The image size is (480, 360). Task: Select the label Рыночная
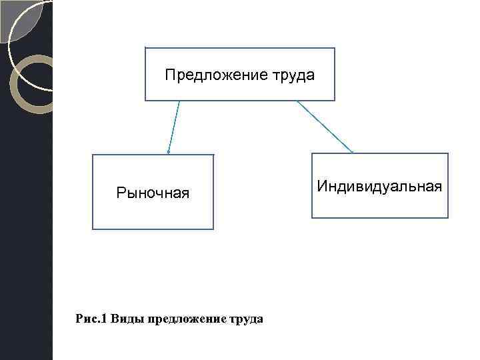tap(153, 193)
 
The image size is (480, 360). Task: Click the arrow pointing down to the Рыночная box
tap(174, 127)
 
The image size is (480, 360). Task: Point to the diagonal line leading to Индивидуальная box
tap(325, 127)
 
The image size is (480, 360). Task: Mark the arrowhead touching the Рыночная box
tap(169, 152)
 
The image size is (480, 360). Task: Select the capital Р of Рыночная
tap(120, 193)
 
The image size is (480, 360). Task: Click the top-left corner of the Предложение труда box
tap(145, 48)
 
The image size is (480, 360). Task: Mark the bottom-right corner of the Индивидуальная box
tap(448, 217)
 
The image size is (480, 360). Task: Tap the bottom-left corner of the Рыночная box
tap(93, 229)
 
